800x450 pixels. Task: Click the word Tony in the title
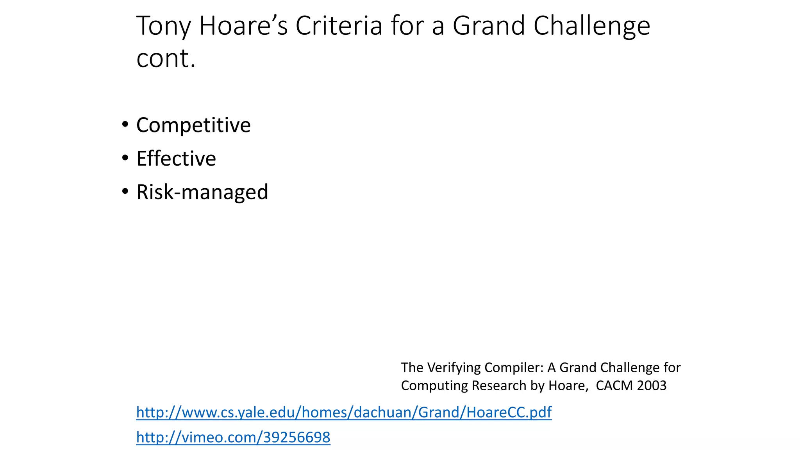pos(163,26)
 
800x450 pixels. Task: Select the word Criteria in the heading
pos(339,26)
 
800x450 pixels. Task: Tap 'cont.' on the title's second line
pos(166,59)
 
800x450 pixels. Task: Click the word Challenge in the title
pos(591,26)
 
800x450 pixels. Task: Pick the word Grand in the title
pos(489,26)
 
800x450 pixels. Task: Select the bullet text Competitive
pos(193,125)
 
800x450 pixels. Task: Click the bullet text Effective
pos(176,159)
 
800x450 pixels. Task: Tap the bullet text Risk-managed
pos(202,192)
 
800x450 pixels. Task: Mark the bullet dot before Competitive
pos(125,125)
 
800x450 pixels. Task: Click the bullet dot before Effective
pos(125,158)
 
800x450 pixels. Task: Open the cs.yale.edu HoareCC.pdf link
pos(344,412)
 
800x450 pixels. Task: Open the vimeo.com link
pos(233,437)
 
